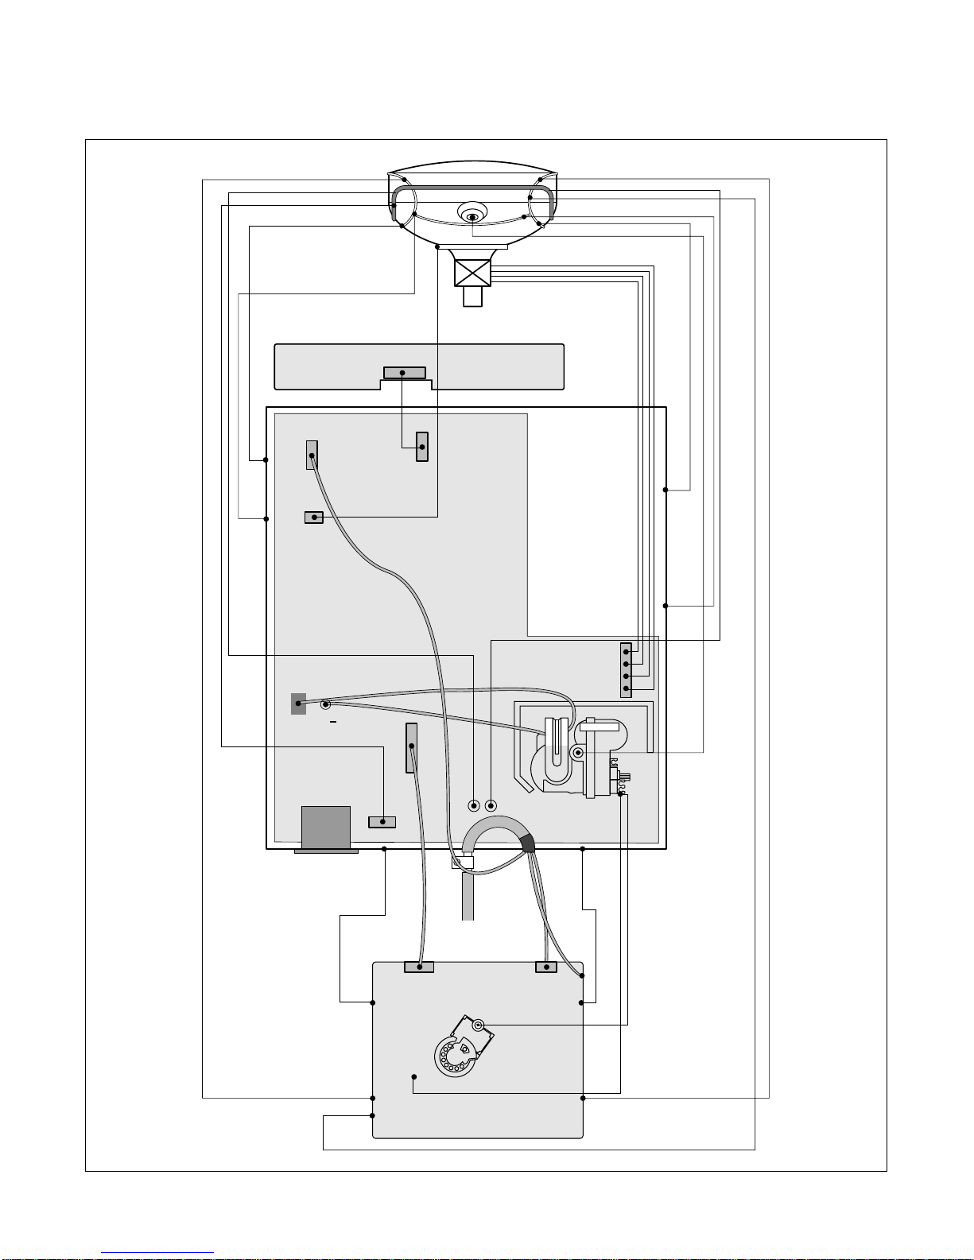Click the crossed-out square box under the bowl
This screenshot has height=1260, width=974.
(x=473, y=273)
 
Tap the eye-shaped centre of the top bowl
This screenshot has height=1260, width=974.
(x=472, y=215)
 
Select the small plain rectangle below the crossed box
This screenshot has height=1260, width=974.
(x=473, y=297)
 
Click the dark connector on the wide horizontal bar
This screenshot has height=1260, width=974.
(x=404, y=373)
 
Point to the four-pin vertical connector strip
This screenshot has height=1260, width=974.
(x=626, y=669)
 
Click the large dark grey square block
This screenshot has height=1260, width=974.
(x=326, y=828)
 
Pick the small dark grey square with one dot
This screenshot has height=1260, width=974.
(x=298, y=704)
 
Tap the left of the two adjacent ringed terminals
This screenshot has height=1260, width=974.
(x=475, y=805)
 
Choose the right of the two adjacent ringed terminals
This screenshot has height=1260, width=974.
(x=491, y=805)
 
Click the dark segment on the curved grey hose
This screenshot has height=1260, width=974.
(x=527, y=843)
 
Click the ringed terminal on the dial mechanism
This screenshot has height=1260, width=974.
(x=479, y=1025)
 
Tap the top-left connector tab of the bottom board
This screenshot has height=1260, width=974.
(x=419, y=967)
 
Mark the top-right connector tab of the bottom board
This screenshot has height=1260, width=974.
(x=546, y=967)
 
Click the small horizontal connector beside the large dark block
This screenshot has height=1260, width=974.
(x=382, y=821)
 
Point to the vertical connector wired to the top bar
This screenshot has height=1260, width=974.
(x=422, y=447)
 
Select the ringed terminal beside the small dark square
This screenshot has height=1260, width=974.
(x=325, y=704)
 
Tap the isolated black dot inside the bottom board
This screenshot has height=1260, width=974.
(x=413, y=1076)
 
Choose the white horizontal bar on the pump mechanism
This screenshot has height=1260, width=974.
(x=600, y=725)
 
